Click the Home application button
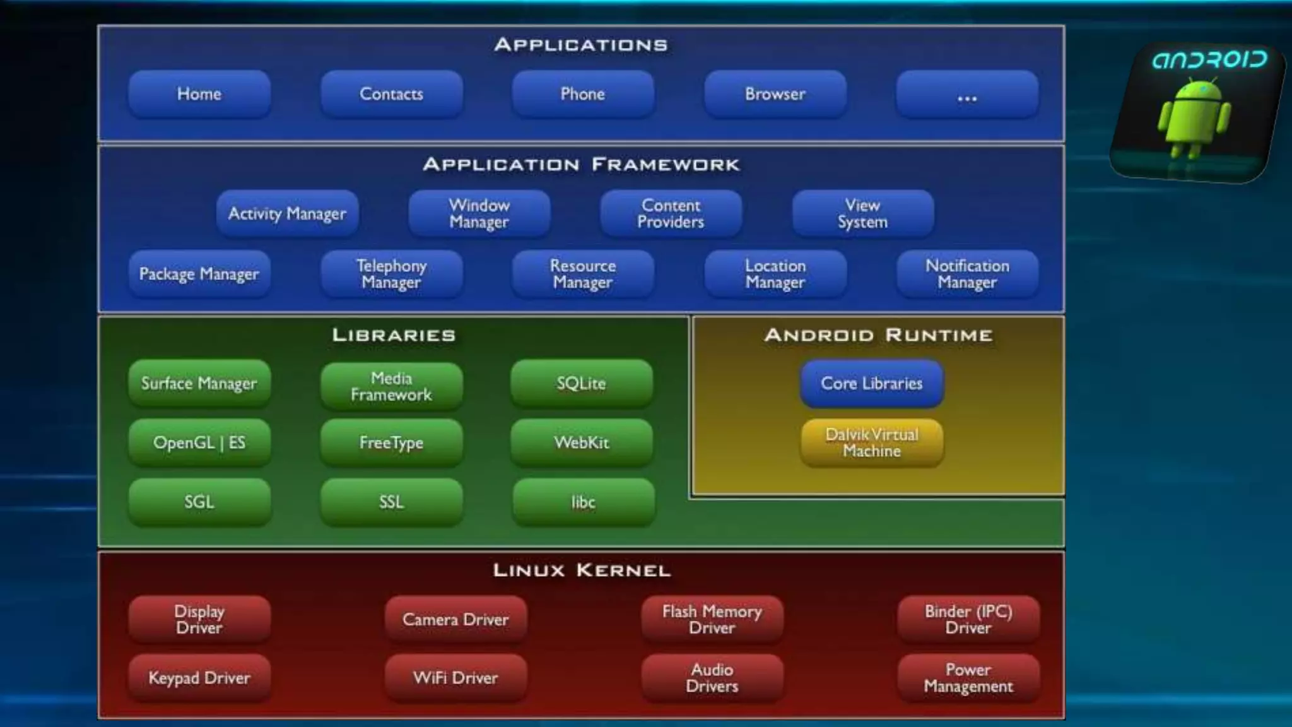(x=199, y=94)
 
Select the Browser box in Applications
(x=775, y=94)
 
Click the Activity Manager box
(x=287, y=213)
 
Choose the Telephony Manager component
(x=391, y=274)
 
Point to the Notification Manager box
(x=967, y=274)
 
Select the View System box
(x=862, y=213)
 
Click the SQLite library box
(x=581, y=383)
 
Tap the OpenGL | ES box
(x=199, y=442)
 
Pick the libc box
(x=583, y=502)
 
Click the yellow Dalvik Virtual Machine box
(x=872, y=442)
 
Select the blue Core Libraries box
(x=872, y=383)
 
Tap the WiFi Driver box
(x=455, y=678)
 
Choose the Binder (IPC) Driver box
(x=968, y=619)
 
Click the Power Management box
(x=968, y=678)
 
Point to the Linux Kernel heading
(x=582, y=570)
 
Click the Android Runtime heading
(x=878, y=335)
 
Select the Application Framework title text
(x=581, y=165)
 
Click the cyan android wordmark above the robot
(x=1209, y=60)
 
